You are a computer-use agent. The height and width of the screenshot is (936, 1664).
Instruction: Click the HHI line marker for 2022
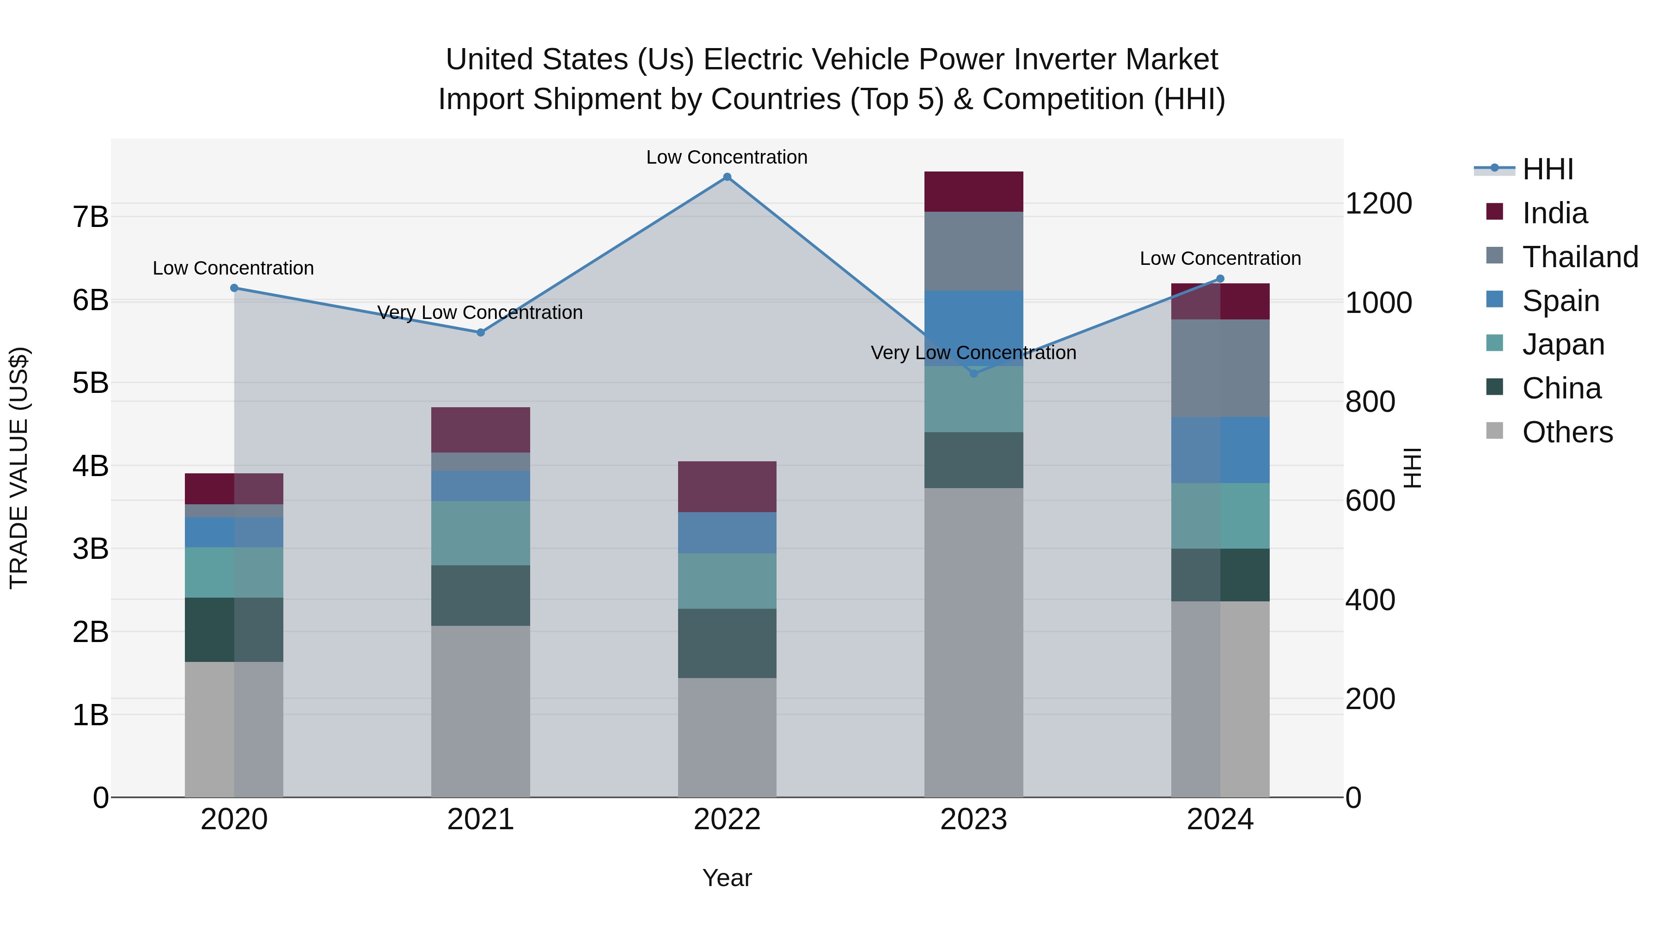[727, 177]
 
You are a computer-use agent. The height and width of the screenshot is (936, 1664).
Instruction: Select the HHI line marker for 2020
[234, 288]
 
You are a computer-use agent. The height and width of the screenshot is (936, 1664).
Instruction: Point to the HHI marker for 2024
[1220, 279]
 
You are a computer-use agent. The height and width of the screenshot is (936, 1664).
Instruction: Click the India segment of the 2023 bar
[973, 192]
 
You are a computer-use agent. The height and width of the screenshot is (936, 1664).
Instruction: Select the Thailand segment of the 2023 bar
[973, 251]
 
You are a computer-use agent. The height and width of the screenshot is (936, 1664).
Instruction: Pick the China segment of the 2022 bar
[727, 643]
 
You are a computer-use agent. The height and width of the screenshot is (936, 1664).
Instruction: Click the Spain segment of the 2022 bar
[727, 533]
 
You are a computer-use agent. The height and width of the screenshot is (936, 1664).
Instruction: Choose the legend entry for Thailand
[1579, 257]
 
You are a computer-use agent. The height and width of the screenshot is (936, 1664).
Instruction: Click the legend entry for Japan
[1563, 344]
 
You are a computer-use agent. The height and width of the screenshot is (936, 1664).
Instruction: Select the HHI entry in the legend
[1547, 169]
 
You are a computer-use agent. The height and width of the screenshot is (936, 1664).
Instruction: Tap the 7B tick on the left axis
[91, 217]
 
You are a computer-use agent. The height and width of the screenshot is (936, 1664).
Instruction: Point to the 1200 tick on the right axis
[1378, 203]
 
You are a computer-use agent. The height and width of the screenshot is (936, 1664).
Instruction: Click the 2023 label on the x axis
[973, 820]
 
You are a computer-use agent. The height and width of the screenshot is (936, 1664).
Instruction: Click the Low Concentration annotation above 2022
[727, 157]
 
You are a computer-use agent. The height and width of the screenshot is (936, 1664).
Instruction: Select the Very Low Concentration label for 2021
[480, 312]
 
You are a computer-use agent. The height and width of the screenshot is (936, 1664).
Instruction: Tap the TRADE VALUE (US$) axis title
[19, 468]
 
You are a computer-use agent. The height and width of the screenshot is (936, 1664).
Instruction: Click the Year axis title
[727, 878]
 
